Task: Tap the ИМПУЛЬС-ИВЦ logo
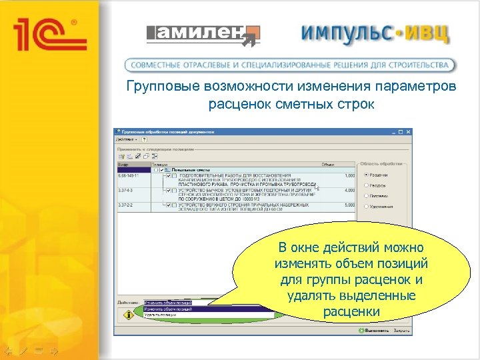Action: [374, 34]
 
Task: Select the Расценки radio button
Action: [367, 175]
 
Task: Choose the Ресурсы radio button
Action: [367, 185]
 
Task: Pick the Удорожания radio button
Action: [367, 207]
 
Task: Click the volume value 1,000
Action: [348, 175]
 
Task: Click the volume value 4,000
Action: [348, 190]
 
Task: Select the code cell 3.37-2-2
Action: [126, 205]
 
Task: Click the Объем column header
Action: [328, 164]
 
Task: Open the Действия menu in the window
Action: [127, 140]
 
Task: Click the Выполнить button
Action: [377, 330]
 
